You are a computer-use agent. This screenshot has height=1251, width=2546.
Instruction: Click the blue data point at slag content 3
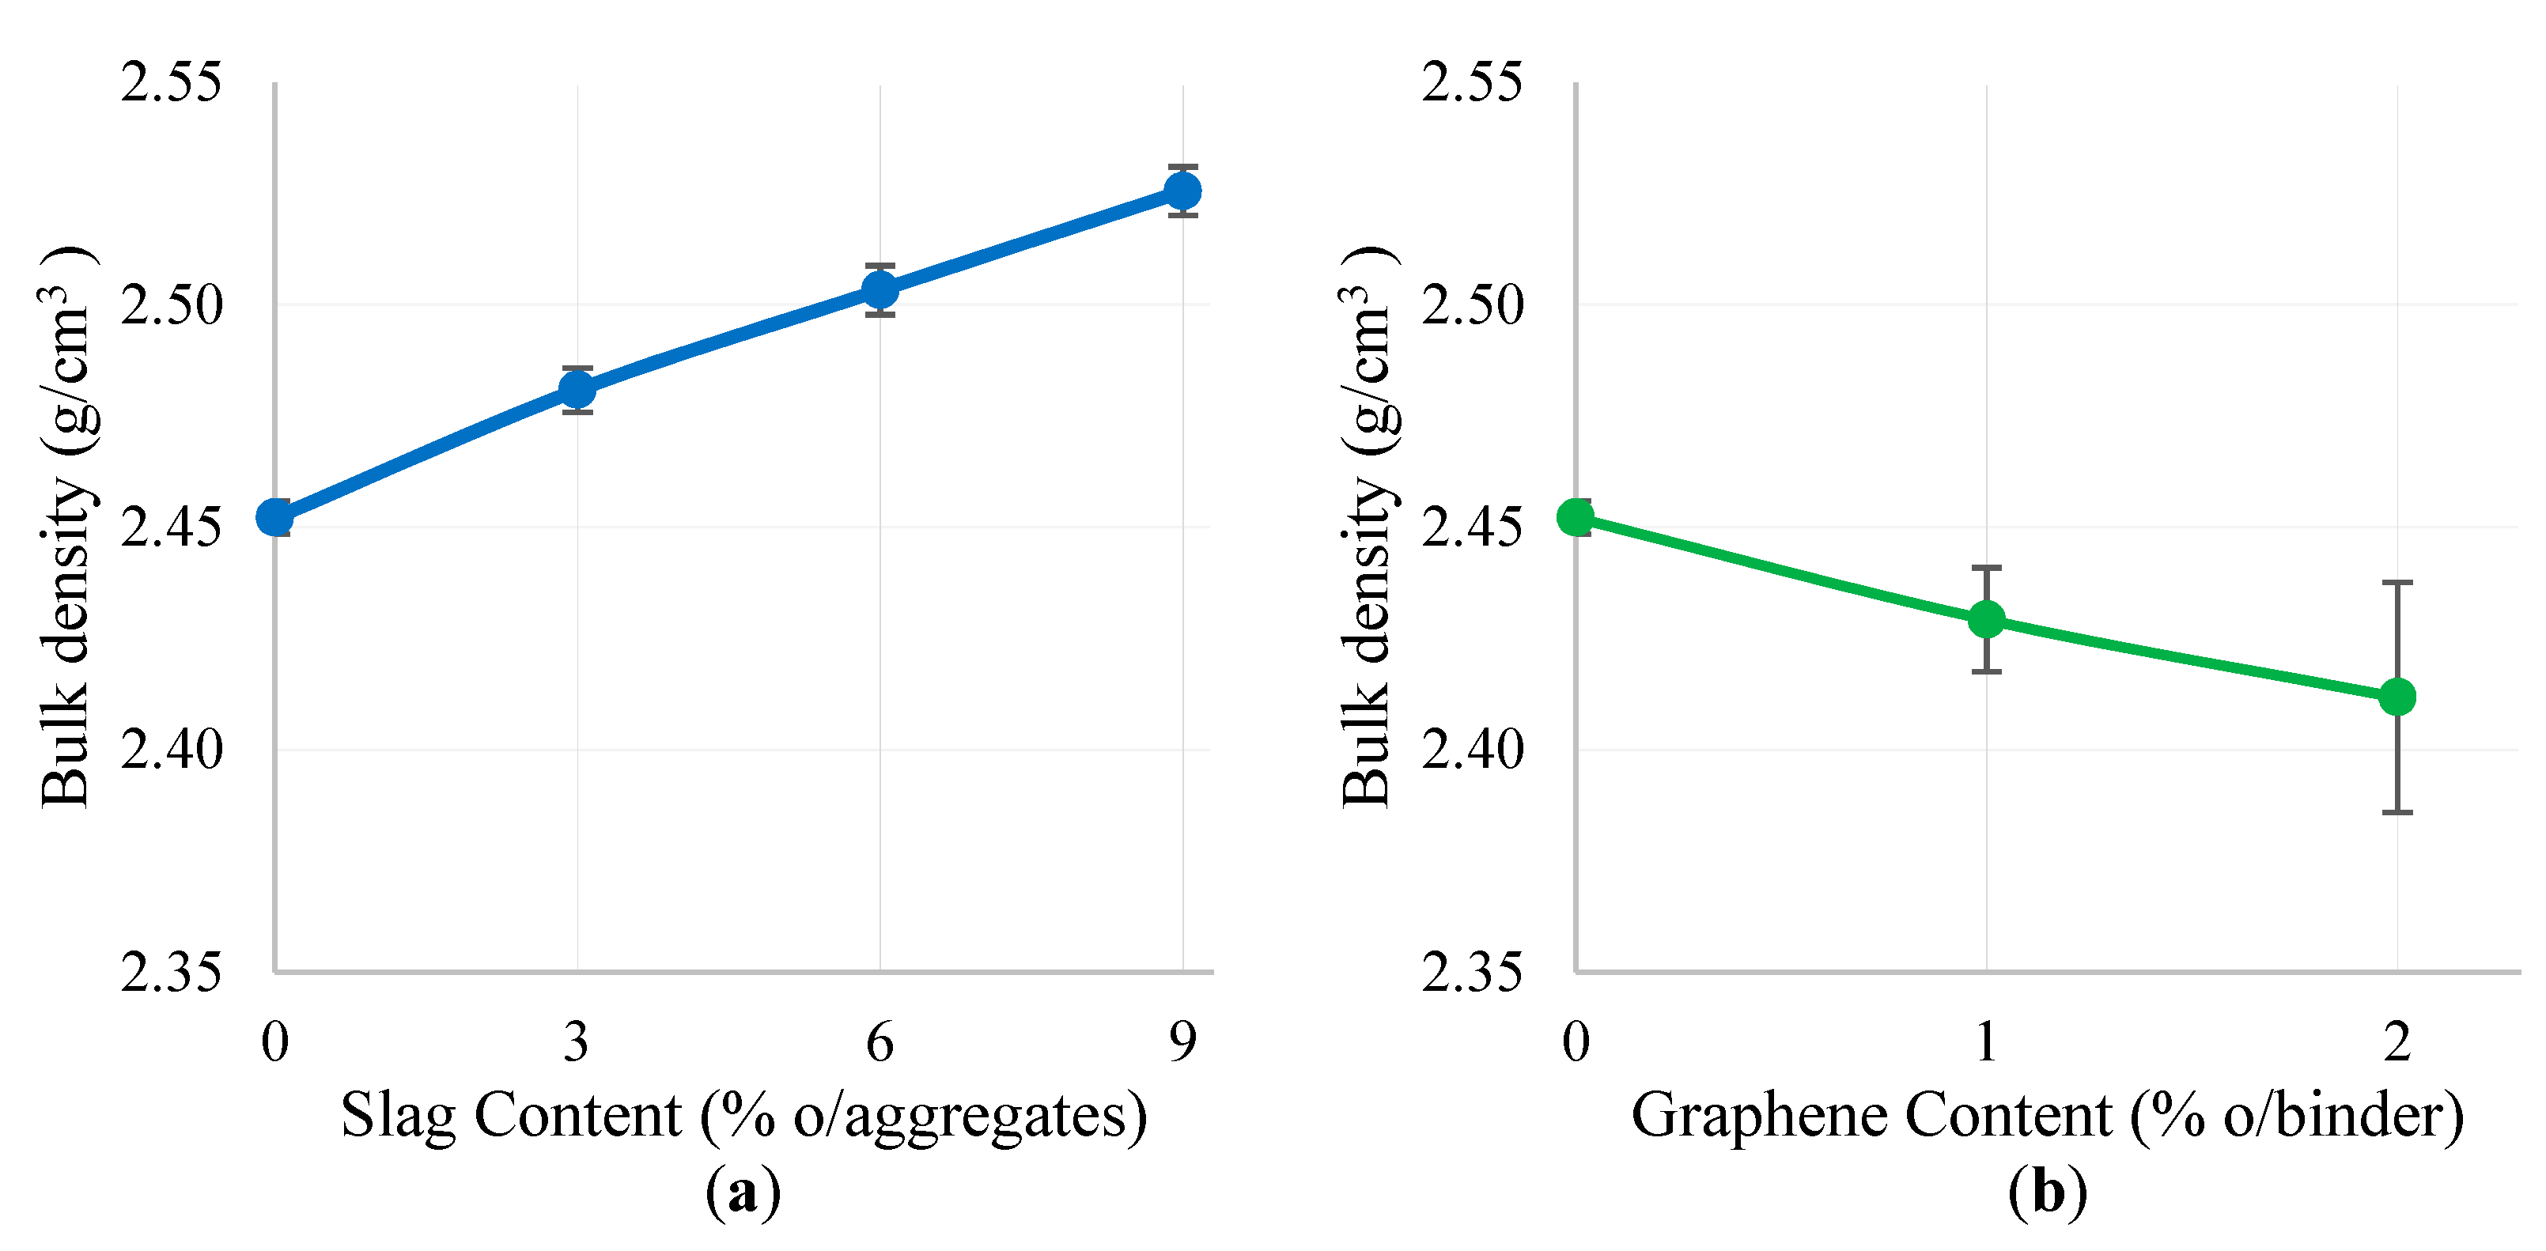(x=577, y=389)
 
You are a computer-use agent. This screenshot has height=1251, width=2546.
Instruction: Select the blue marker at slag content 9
(x=1182, y=191)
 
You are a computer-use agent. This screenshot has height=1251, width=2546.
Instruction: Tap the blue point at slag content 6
(x=880, y=289)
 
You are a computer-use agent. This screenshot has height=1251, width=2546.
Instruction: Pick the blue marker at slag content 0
(x=274, y=517)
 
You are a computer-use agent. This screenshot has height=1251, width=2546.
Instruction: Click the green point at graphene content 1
(x=1987, y=620)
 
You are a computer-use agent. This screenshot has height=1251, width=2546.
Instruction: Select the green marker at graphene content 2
(x=2397, y=697)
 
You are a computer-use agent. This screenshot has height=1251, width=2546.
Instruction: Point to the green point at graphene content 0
(x=1576, y=517)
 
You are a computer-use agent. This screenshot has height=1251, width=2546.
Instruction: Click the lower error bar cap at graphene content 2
(x=2397, y=812)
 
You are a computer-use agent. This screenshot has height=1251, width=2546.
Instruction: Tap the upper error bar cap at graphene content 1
(x=1987, y=569)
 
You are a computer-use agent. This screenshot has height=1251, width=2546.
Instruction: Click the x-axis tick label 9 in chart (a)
(x=1182, y=1041)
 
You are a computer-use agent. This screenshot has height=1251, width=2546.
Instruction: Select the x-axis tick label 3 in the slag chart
(x=577, y=1041)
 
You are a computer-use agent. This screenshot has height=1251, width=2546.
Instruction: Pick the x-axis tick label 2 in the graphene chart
(x=2397, y=1041)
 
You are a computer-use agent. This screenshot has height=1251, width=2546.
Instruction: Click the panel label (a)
(x=742, y=1192)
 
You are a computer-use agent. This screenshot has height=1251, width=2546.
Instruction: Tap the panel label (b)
(x=2047, y=1192)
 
